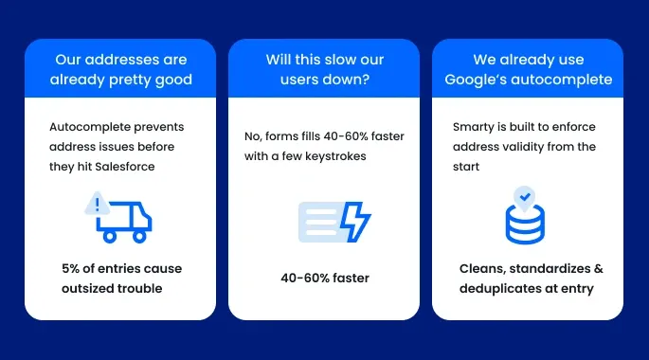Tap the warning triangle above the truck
(x=98, y=204)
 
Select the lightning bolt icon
(x=355, y=221)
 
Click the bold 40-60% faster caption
(x=325, y=278)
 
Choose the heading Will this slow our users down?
(x=324, y=68)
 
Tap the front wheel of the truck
(x=138, y=236)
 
